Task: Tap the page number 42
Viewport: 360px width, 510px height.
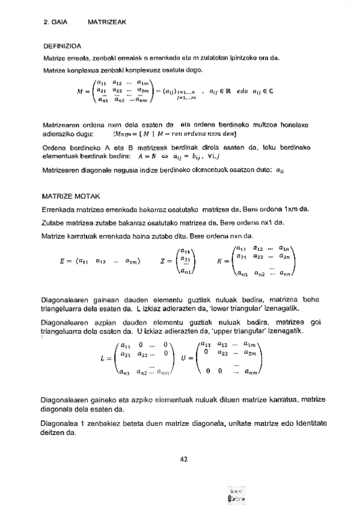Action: [x=185, y=459]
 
